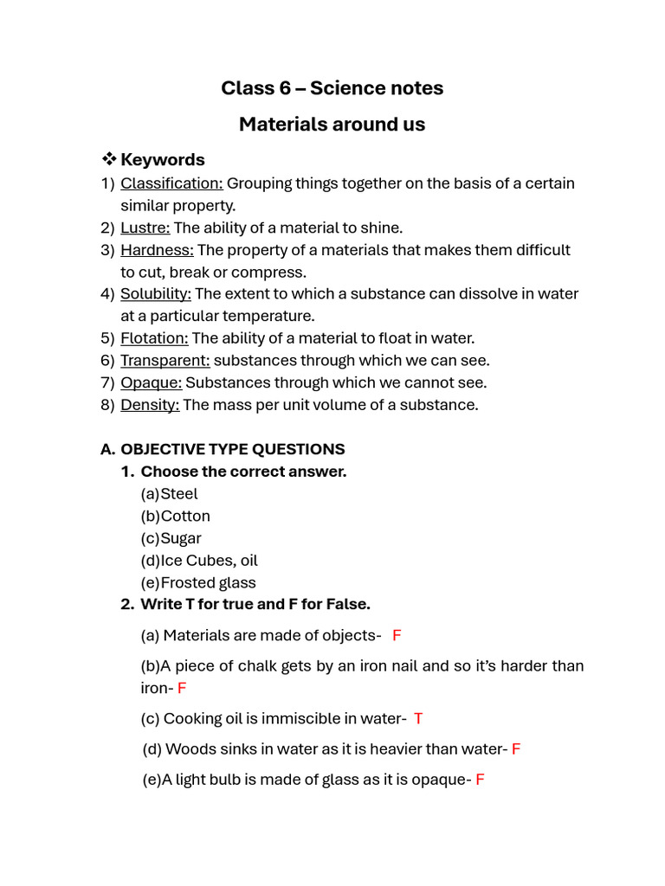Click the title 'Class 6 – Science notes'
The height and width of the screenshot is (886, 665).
coord(332,88)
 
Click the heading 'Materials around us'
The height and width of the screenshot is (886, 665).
coord(332,125)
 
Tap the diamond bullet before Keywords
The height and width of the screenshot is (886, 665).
coord(109,159)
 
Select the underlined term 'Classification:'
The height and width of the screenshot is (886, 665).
coord(171,183)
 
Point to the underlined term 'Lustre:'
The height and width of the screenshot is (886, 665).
coord(145,228)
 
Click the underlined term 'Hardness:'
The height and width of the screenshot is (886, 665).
coord(157,250)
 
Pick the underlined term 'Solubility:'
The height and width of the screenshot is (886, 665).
coord(155,294)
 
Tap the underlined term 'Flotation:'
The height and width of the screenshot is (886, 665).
coord(154,338)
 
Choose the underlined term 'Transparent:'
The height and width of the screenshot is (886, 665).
coord(165,361)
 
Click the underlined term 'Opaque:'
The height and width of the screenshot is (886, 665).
coord(151,382)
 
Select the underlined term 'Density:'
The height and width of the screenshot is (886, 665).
coord(150,405)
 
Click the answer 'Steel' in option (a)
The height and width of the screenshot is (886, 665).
coord(179,494)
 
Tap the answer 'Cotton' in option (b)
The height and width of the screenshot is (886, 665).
coord(185,517)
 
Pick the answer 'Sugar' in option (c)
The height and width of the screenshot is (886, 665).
coord(181,538)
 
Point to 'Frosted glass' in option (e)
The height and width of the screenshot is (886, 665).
coord(208,583)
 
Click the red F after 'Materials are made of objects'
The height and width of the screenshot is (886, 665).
coord(397,636)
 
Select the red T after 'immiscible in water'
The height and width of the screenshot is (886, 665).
coord(418,719)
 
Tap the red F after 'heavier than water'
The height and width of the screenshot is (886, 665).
coord(516,749)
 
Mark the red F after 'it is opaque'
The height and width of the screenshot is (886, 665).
coord(480,780)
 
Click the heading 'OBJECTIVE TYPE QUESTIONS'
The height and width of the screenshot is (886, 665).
coord(232,449)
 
